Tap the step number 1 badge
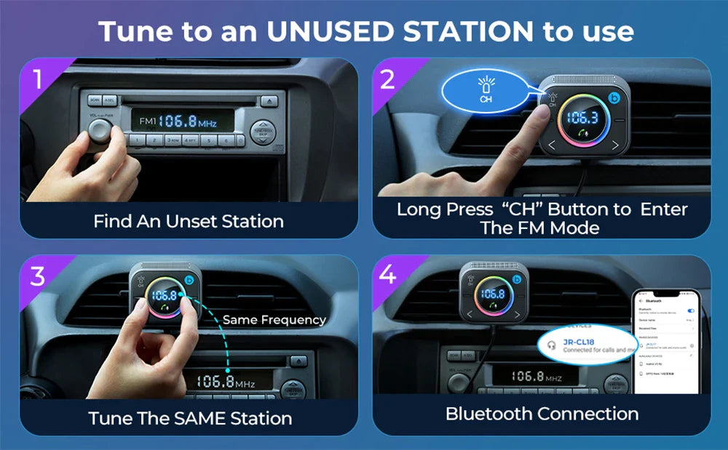point(37,79)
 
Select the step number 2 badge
point(387,79)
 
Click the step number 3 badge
point(37,276)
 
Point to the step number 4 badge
point(388,276)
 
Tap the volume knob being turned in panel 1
point(101,130)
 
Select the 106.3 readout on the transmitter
point(582,118)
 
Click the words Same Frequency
point(274,320)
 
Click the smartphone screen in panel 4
point(665,342)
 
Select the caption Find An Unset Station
point(189,221)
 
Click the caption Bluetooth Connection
point(542,414)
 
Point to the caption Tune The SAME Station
point(190,419)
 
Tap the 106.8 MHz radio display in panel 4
point(536,377)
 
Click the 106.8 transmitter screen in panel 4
point(493,294)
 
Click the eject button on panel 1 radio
point(269,100)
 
